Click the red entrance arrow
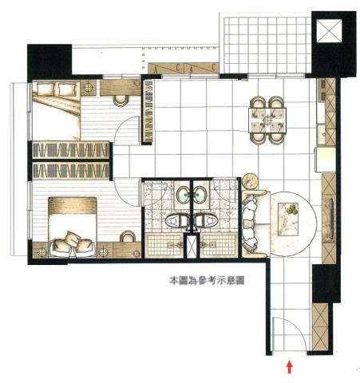pos(290,367)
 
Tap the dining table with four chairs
pos(267,120)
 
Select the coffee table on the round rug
pos(288,219)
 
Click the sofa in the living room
pos(254,223)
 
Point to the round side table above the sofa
pos(251,181)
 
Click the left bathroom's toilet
pos(176,220)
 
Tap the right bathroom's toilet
pos(207,220)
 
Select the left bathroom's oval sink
pos(184,195)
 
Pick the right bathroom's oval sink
pos(200,195)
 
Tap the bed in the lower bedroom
pos(73,227)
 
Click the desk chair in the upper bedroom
pos(121,101)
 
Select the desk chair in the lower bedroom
pos(127,237)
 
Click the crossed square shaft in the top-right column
pos(329,30)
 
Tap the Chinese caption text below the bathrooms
pos(207,281)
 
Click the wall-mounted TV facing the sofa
pos(331,219)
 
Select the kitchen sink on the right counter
pos(324,134)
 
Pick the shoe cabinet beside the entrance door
pos(321,326)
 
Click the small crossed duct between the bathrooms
pos(192,247)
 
